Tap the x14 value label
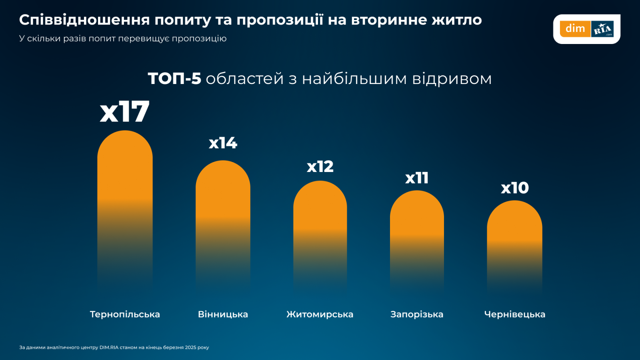pyautogui.click(x=223, y=143)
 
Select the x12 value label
pyautogui.click(x=320, y=167)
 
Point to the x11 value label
pyautogui.click(x=417, y=178)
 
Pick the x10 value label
pyautogui.click(x=515, y=188)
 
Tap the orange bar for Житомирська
pyautogui.click(x=320, y=216)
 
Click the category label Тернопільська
pyautogui.click(x=125, y=314)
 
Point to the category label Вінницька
pyautogui.click(x=223, y=314)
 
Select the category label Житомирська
pyautogui.click(x=320, y=314)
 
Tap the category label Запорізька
pyautogui.click(x=417, y=314)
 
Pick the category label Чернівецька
pyautogui.click(x=515, y=314)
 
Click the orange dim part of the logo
pyautogui.click(x=575, y=29)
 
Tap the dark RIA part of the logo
pyautogui.click(x=602, y=29)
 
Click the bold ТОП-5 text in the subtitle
pyautogui.click(x=174, y=79)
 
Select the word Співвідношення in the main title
pyautogui.click(x=84, y=20)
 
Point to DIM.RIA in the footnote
pyautogui.click(x=109, y=347)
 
